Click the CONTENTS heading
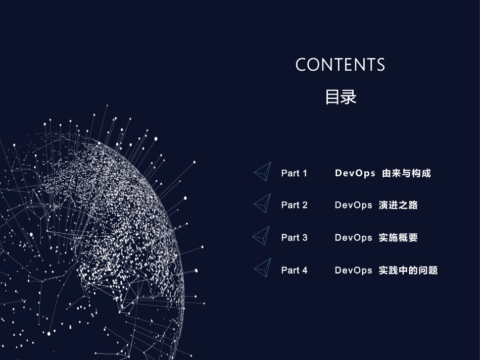(340, 65)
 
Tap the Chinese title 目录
(341, 96)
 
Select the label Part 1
(294, 173)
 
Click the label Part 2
(294, 205)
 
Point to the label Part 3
(294, 237)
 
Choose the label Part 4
(294, 270)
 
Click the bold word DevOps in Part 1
(355, 173)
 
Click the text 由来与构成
(406, 173)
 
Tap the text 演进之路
(398, 205)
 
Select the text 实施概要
(398, 237)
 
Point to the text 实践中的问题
(408, 270)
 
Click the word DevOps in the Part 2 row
(354, 205)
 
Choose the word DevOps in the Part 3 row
(354, 237)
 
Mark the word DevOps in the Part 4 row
(354, 270)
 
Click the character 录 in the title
(349, 96)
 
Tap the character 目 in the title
(332, 96)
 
